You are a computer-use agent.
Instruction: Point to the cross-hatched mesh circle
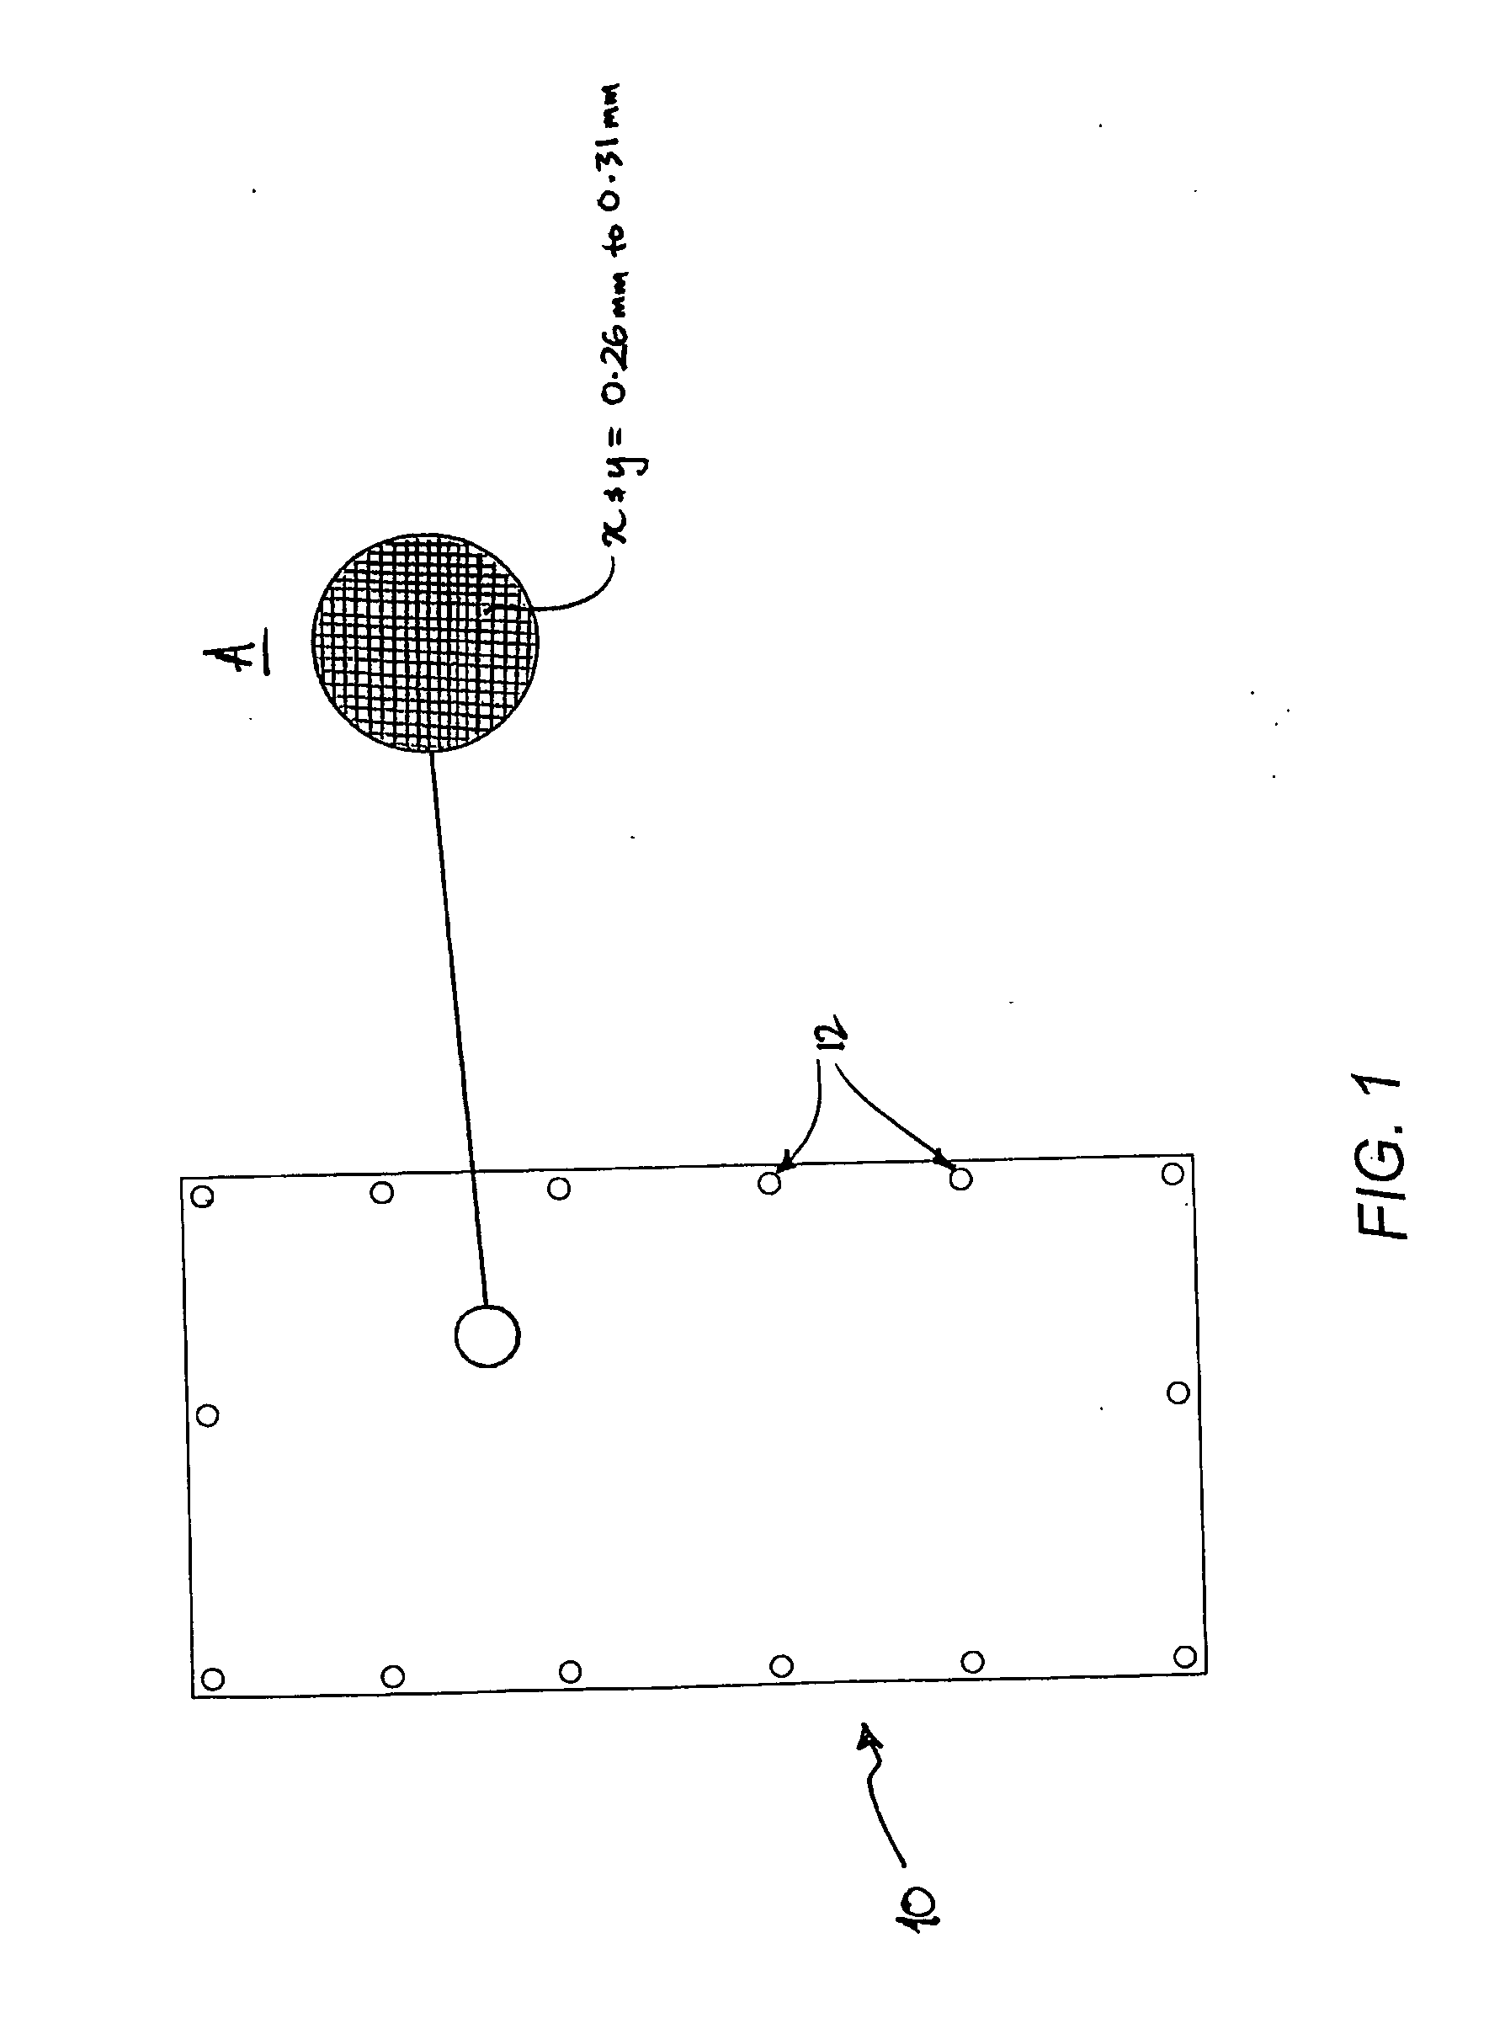[424, 642]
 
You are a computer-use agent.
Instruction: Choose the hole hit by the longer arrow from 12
[960, 1179]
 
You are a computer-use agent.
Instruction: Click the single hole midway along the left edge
[208, 1415]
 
